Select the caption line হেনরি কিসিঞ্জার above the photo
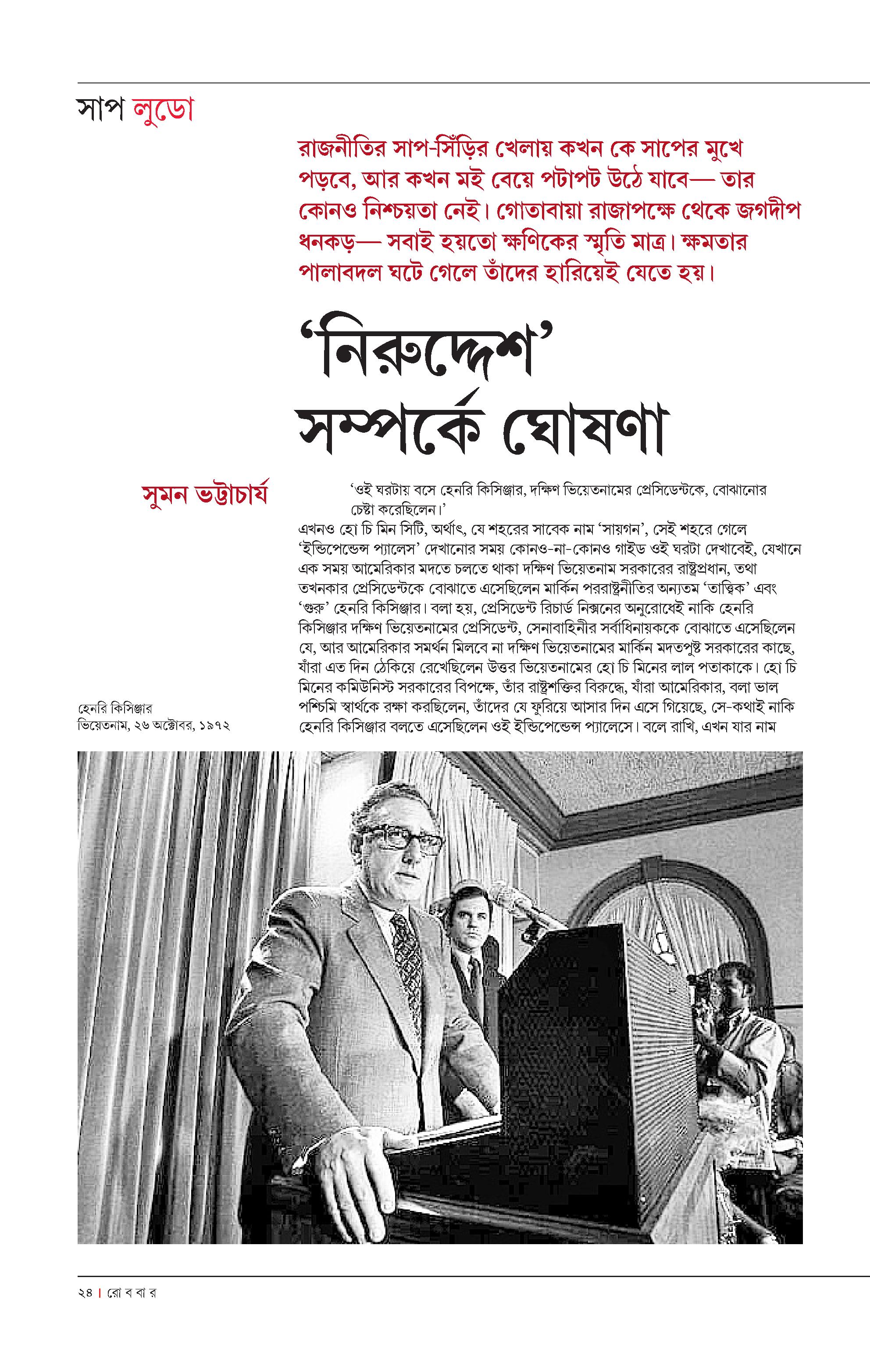(x=115, y=708)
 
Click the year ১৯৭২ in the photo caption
(x=215, y=725)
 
